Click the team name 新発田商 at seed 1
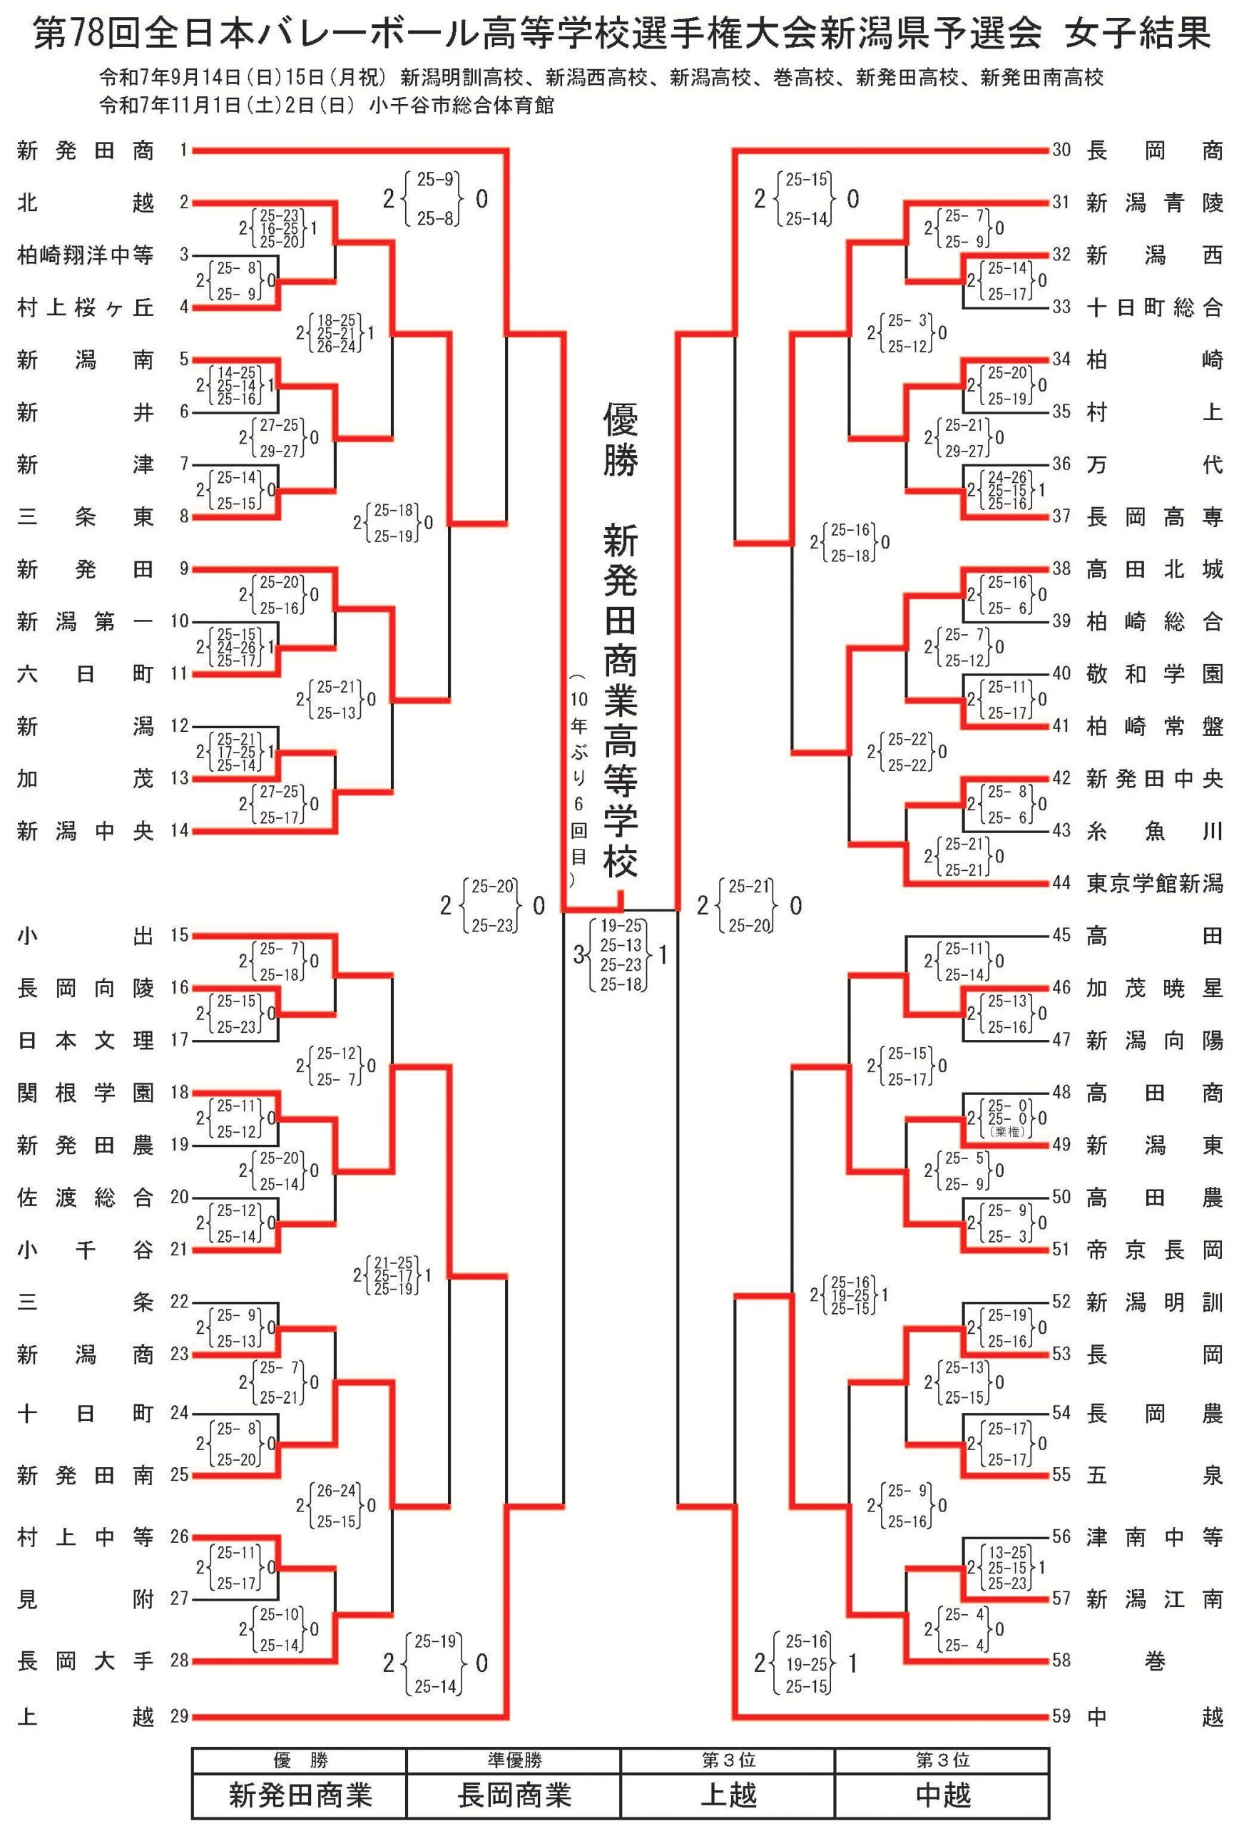85,150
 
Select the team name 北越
85,203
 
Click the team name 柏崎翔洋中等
85,255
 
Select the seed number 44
1061,883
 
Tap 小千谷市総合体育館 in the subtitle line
462,106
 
